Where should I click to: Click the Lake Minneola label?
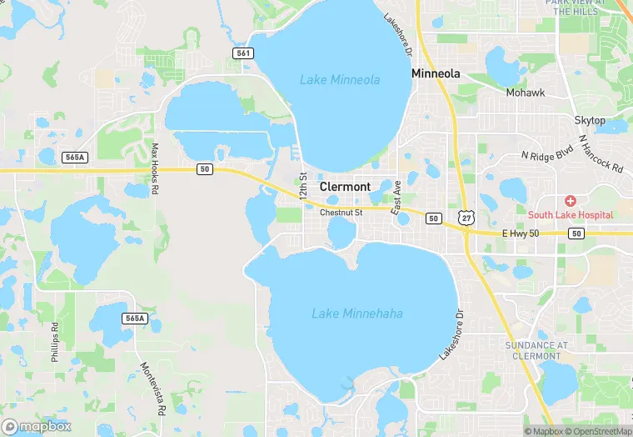(x=340, y=80)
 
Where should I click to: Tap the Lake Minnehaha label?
(x=357, y=314)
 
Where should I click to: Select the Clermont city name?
(x=345, y=187)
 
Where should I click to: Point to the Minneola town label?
(x=436, y=73)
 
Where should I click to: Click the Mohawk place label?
(x=525, y=93)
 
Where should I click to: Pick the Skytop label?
(x=590, y=121)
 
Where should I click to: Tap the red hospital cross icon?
(x=571, y=201)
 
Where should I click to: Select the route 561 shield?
(x=242, y=53)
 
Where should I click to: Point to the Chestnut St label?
(x=341, y=213)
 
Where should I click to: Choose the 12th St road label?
(x=303, y=184)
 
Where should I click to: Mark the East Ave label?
(x=397, y=193)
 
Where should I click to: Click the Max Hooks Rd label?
(x=154, y=168)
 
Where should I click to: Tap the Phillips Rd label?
(x=55, y=338)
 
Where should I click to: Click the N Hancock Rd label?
(x=600, y=153)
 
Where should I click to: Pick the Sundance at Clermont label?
(x=537, y=350)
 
